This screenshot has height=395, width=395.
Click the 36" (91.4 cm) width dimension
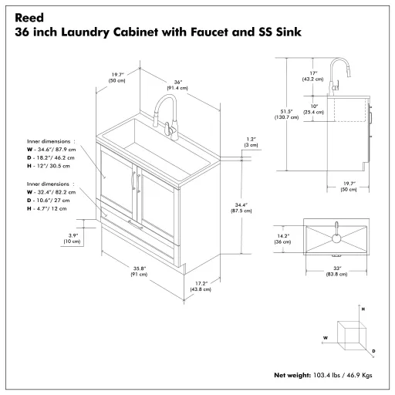point(178,85)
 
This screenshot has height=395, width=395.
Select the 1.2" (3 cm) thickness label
point(251,143)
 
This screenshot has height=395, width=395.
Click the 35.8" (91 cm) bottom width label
point(139,271)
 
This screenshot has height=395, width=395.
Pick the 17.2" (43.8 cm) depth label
point(203,286)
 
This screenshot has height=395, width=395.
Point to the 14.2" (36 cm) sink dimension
point(283,239)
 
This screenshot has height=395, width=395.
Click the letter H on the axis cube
point(363,309)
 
